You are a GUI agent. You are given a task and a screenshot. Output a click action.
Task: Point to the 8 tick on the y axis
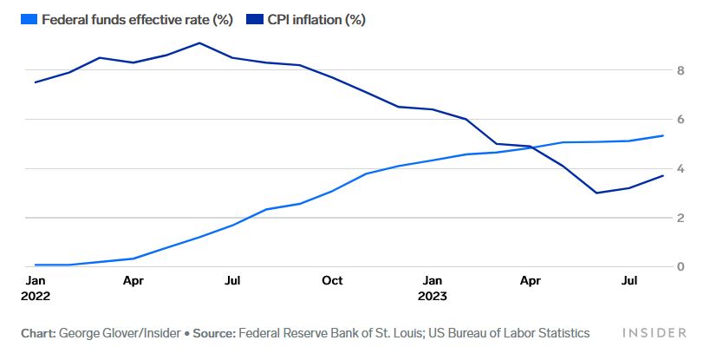point(681,69)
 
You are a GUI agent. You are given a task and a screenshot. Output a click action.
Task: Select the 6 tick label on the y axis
point(681,119)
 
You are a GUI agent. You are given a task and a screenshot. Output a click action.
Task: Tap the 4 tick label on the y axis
point(681,168)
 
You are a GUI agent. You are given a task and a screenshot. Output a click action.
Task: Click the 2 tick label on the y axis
point(681,218)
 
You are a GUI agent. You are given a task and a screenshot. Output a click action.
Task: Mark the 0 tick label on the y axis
point(681,266)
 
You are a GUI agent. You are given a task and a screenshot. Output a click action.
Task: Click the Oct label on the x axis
point(332,280)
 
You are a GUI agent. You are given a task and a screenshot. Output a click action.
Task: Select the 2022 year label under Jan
point(37,296)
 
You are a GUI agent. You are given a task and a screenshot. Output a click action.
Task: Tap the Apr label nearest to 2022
point(133,280)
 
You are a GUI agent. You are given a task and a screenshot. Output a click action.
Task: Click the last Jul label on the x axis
point(631,280)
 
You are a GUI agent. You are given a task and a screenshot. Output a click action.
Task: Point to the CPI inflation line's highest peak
point(199,43)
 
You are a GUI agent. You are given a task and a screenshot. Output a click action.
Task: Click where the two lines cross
point(534,147)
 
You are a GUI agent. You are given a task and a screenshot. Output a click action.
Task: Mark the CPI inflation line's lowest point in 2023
point(596,193)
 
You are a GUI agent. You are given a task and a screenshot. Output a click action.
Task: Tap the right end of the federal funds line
point(663,135)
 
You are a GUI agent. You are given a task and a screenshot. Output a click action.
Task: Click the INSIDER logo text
point(655,333)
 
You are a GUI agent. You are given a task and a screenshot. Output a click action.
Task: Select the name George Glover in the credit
point(97,333)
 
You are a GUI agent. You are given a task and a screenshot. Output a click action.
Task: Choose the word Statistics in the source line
point(559,333)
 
